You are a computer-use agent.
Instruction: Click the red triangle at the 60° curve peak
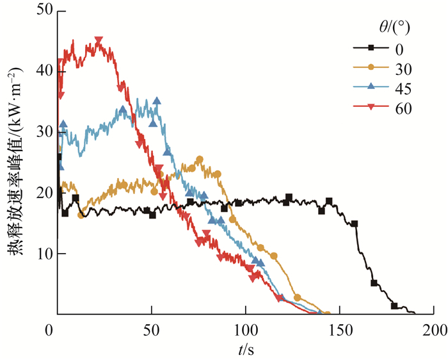[x=99, y=40]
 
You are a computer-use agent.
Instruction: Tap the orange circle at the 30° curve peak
[x=200, y=160]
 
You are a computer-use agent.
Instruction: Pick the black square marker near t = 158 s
[x=355, y=224]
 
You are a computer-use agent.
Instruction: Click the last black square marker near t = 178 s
[x=394, y=306]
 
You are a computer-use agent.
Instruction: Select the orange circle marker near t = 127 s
[x=297, y=297]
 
